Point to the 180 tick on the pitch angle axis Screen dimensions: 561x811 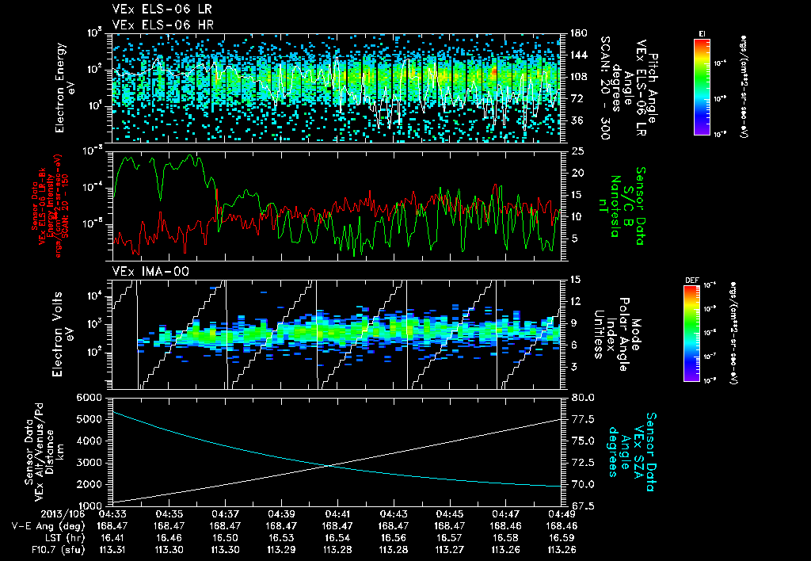[x=577, y=33]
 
